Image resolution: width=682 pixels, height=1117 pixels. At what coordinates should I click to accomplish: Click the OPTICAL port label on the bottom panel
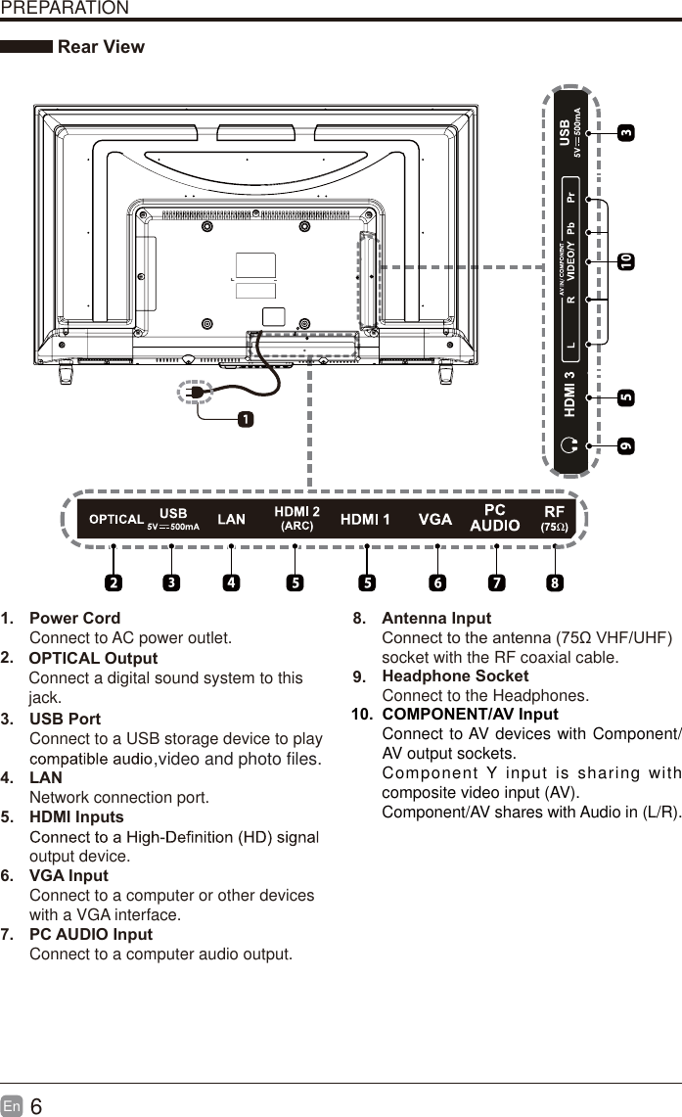tap(117, 519)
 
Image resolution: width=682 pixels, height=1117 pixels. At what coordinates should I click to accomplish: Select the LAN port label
tap(231, 519)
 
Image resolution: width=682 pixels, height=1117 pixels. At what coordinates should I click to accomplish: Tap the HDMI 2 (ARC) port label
tap(296, 519)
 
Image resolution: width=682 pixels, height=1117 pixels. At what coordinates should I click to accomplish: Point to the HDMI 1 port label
tap(365, 519)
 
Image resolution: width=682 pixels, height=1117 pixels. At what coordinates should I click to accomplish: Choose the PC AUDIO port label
tap(495, 518)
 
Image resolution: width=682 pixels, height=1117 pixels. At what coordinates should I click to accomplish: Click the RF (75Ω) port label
tap(555, 518)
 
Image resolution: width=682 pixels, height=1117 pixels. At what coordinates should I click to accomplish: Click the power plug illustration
tap(194, 393)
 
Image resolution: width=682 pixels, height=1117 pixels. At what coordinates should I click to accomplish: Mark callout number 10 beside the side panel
tap(625, 261)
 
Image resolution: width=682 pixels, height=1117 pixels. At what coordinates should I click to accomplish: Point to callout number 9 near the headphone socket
tap(625, 445)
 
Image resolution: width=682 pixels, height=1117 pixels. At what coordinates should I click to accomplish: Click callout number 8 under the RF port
tap(555, 582)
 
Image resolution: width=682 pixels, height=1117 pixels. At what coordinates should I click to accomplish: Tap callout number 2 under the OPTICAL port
tap(114, 582)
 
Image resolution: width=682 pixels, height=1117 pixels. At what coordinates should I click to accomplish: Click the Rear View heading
tap(101, 47)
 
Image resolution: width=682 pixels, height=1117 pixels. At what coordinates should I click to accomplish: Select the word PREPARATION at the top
tap(65, 8)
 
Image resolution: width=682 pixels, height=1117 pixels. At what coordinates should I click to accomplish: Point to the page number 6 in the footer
tap(37, 1106)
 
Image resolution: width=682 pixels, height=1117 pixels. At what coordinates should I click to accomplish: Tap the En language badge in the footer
tap(12, 1106)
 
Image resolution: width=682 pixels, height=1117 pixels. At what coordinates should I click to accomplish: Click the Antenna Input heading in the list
tap(436, 619)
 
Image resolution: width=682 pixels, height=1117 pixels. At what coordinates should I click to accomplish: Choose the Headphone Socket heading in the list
tap(455, 676)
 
